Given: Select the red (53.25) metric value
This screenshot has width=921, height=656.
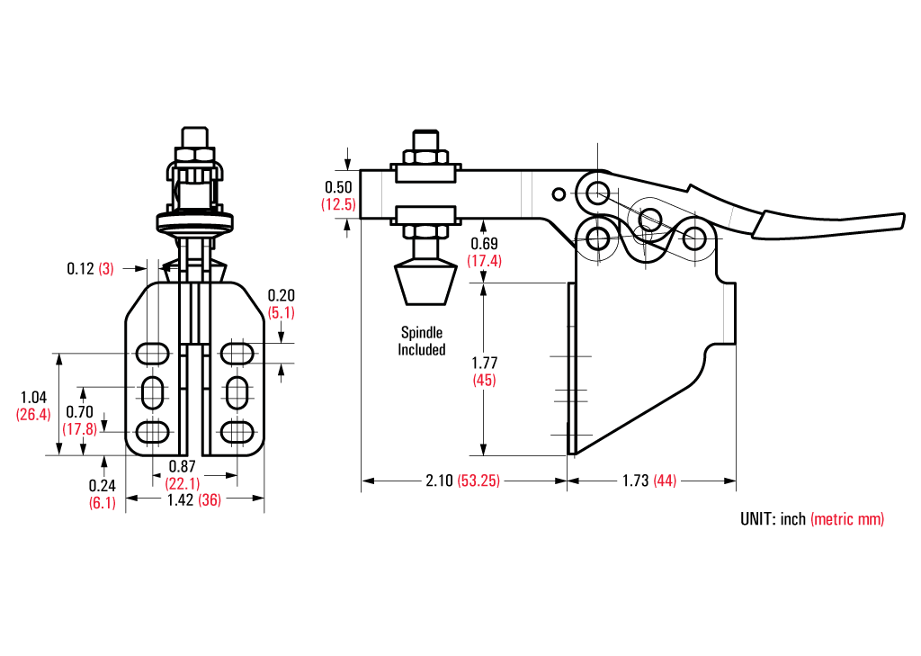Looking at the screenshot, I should tap(478, 481).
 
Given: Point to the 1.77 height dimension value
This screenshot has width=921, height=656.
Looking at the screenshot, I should tap(486, 363).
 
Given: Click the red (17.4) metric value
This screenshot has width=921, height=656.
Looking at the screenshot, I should tap(485, 260).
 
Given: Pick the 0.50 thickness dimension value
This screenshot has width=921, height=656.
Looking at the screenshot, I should tap(338, 187).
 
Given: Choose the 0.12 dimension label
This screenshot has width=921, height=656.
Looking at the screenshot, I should tap(80, 268).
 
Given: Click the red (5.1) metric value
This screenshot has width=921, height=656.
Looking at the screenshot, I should tap(282, 312).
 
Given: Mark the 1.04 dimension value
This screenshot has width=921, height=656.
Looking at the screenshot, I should tap(32, 397).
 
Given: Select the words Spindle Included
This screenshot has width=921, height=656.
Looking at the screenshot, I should tap(422, 341).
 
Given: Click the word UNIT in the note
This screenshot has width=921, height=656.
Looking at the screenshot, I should tap(757, 519).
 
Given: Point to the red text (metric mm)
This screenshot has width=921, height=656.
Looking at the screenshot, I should tap(847, 519).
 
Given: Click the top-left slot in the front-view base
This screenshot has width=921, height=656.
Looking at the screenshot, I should tap(152, 351).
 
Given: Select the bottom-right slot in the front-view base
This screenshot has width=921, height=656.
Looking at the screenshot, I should tap(237, 431).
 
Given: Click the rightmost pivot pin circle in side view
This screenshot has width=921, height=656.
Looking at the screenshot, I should tap(693, 239).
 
